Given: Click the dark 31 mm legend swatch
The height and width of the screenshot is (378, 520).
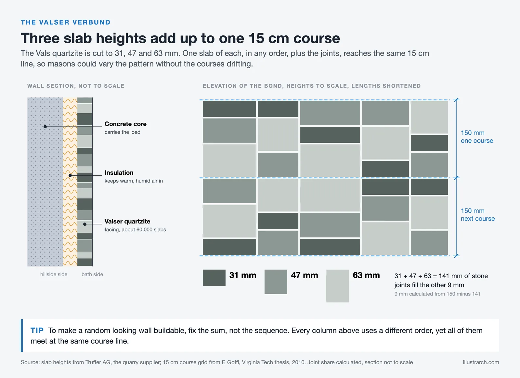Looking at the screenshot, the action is [214, 278].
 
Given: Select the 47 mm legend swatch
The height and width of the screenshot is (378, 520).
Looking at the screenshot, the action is [276, 282].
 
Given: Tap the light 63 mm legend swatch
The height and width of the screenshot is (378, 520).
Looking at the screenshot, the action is [338, 286].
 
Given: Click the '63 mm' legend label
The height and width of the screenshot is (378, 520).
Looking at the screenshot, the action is [366, 275].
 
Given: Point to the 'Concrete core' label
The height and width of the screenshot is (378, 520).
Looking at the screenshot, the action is [125, 124].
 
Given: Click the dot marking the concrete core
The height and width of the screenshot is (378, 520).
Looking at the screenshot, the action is [45, 127].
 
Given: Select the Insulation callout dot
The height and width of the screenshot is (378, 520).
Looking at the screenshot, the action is [70, 175].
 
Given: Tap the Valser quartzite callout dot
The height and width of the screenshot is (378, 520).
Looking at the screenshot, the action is [85, 224].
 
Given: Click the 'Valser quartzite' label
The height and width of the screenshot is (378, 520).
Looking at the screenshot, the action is [127, 221].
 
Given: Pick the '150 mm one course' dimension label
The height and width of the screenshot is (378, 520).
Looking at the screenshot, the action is [477, 137].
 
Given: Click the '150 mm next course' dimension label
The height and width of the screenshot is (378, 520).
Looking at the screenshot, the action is [478, 215].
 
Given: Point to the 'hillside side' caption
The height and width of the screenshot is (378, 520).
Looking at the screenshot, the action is [54, 274].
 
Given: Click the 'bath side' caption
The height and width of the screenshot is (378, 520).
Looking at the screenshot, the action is [92, 274].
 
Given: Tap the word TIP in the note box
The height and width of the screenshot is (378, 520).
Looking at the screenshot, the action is [37, 330].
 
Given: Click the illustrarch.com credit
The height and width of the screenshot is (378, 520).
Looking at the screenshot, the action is [481, 362].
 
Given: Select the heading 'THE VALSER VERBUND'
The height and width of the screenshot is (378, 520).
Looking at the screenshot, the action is [66, 22].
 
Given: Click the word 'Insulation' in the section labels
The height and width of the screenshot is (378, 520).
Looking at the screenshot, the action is [119, 172].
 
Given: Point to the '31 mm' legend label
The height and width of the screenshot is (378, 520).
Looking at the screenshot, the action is [242, 275].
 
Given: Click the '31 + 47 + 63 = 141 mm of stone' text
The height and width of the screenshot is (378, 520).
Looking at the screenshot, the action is [441, 276].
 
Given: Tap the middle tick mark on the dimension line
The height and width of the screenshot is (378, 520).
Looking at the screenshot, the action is [456, 178].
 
